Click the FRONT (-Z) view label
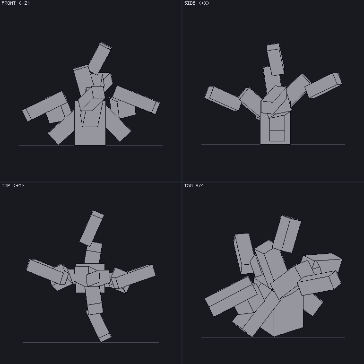coord(16,3)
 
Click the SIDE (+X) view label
coord(197,3)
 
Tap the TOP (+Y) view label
coord(13,185)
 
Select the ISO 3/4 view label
coord(194,185)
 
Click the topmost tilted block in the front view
coord(100,58)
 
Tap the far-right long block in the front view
coord(136,100)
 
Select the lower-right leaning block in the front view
coord(117,124)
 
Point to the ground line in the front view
coord(91,145)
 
